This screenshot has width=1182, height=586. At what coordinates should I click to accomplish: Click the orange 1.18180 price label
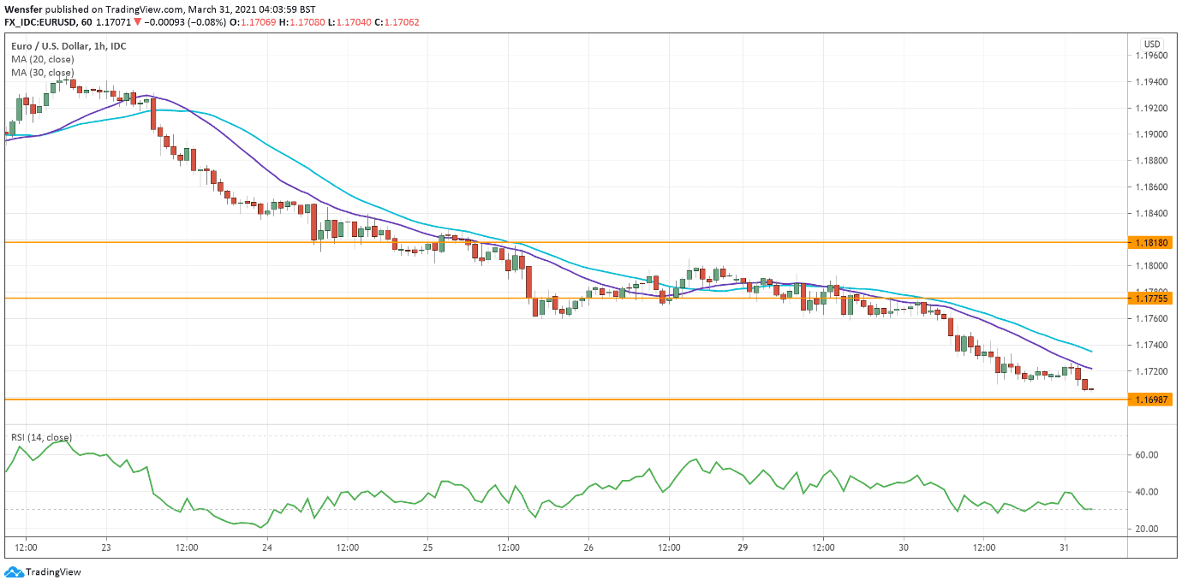[x=1151, y=243]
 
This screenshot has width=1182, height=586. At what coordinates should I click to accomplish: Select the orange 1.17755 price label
[x=1151, y=299]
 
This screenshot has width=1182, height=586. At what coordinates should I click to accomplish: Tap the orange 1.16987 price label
[x=1151, y=400]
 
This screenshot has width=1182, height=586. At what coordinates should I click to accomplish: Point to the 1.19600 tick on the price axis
[x=1151, y=56]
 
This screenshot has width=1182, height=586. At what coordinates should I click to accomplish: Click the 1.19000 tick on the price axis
[x=1151, y=134]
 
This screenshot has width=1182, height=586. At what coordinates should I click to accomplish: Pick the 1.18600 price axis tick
[x=1151, y=187]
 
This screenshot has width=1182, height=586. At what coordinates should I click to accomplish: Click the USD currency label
[x=1152, y=44]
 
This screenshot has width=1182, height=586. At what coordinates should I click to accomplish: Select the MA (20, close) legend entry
[x=43, y=60]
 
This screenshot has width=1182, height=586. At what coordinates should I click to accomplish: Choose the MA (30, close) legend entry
[x=43, y=74]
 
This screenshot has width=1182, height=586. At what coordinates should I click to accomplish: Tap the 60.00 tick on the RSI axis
[x=1147, y=455]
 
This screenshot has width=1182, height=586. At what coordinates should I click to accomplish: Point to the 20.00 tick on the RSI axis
[x=1147, y=530]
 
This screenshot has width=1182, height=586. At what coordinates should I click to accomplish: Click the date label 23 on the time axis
[x=105, y=547]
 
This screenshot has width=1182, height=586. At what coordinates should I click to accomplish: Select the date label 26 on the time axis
[x=588, y=547]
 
